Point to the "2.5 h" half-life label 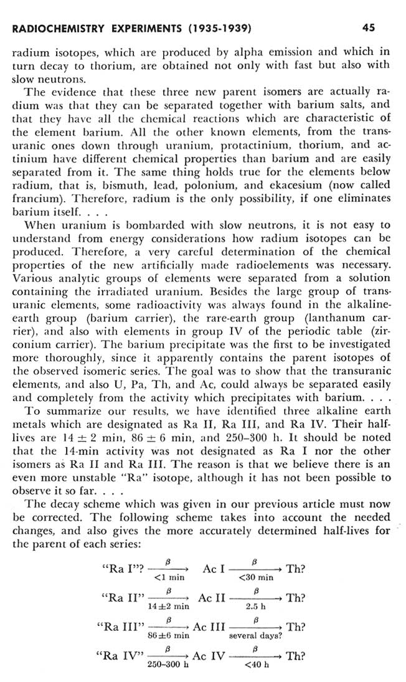pos(256,605)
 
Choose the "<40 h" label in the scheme pos(256,664)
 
